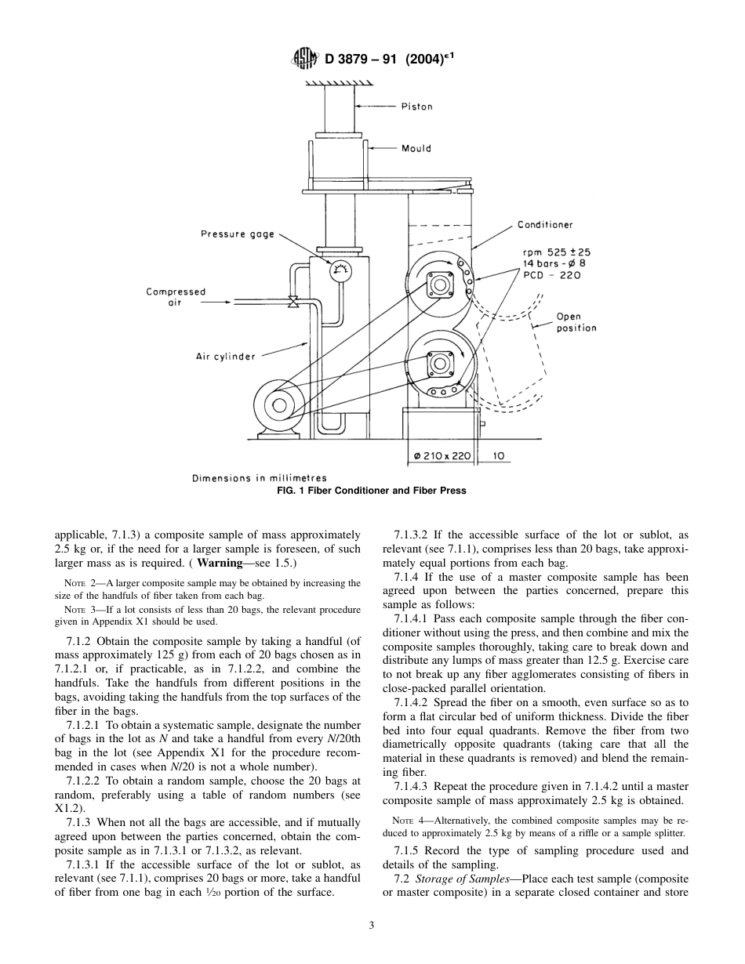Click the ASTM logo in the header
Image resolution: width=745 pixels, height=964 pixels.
click(x=302, y=57)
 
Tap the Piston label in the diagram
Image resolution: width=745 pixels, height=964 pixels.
click(x=416, y=107)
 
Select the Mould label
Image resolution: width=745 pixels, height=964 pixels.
click(x=416, y=148)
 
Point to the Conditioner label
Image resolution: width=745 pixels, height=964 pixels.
click(x=544, y=225)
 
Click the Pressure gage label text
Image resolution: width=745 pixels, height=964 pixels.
click(x=238, y=234)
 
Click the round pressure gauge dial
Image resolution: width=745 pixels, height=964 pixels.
click(x=340, y=271)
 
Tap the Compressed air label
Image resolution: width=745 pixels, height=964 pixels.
click(x=176, y=297)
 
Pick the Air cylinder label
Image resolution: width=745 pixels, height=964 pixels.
click(x=225, y=357)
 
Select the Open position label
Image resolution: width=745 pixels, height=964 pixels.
click(x=576, y=322)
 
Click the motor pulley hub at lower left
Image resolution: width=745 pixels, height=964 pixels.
click(x=277, y=405)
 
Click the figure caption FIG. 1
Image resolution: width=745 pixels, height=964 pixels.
click(x=372, y=491)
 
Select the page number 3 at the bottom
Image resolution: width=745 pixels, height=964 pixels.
click(x=372, y=925)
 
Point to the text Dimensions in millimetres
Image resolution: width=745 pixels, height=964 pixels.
click(x=259, y=478)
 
